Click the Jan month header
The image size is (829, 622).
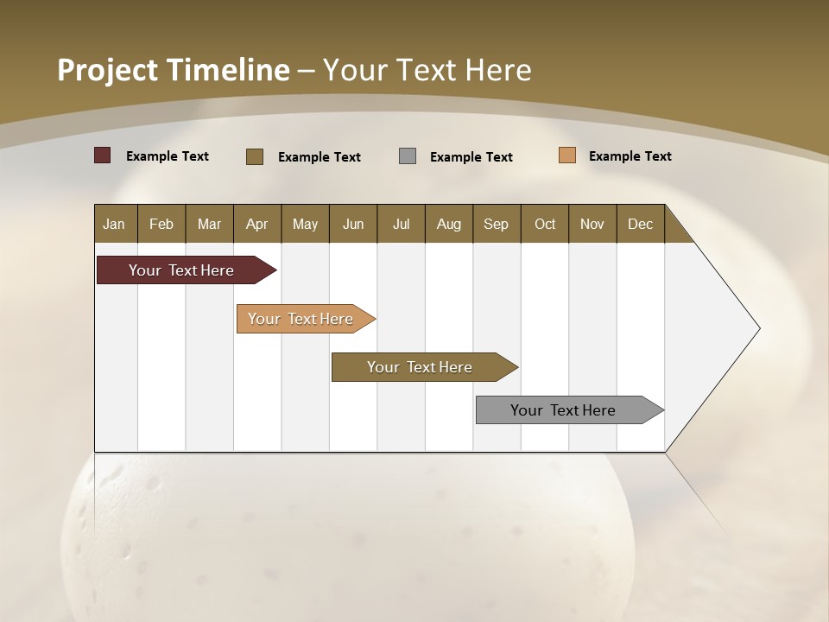coord(115,224)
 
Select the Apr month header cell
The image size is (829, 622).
coord(257,224)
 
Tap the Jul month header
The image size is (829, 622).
coord(401,224)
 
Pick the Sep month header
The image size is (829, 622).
coord(496,224)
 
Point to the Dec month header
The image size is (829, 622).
coord(640,224)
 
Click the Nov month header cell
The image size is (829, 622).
coord(592,224)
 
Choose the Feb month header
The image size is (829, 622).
coord(161,224)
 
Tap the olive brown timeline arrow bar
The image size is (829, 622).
coord(421,367)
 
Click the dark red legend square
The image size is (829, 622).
coord(103,155)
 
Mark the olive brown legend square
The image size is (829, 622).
coord(255,156)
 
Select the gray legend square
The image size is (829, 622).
coord(408,156)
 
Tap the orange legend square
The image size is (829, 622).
coord(567,155)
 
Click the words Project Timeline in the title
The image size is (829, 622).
coord(173,70)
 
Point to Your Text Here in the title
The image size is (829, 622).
coord(427,70)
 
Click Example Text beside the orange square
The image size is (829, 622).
coord(630,156)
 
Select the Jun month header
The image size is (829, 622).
coord(353,224)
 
